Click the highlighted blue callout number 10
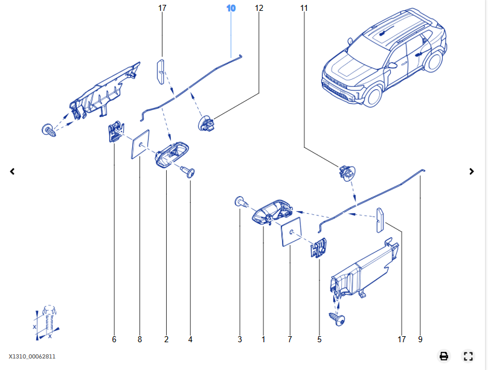pos(231,8)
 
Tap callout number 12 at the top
pos(259,8)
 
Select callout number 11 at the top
pos(304,8)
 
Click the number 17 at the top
pos(162,8)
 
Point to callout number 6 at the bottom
pos(114,340)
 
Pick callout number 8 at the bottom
pos(140,340)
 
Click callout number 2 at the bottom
pos(166,340)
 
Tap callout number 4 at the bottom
pos(190,340)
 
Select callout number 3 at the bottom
pos(240,340)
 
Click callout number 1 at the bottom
pos(263,340)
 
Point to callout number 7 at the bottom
pos(290,340)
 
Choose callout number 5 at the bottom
pos(319,340)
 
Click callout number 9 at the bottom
pos(420,340)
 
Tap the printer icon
pos(444,356)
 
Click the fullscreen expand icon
pos(468,356)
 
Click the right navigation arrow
pos(472,171)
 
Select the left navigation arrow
pos(12,171)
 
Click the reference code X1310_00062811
pos(33,357)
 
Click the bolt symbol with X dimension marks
pos(48,318)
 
